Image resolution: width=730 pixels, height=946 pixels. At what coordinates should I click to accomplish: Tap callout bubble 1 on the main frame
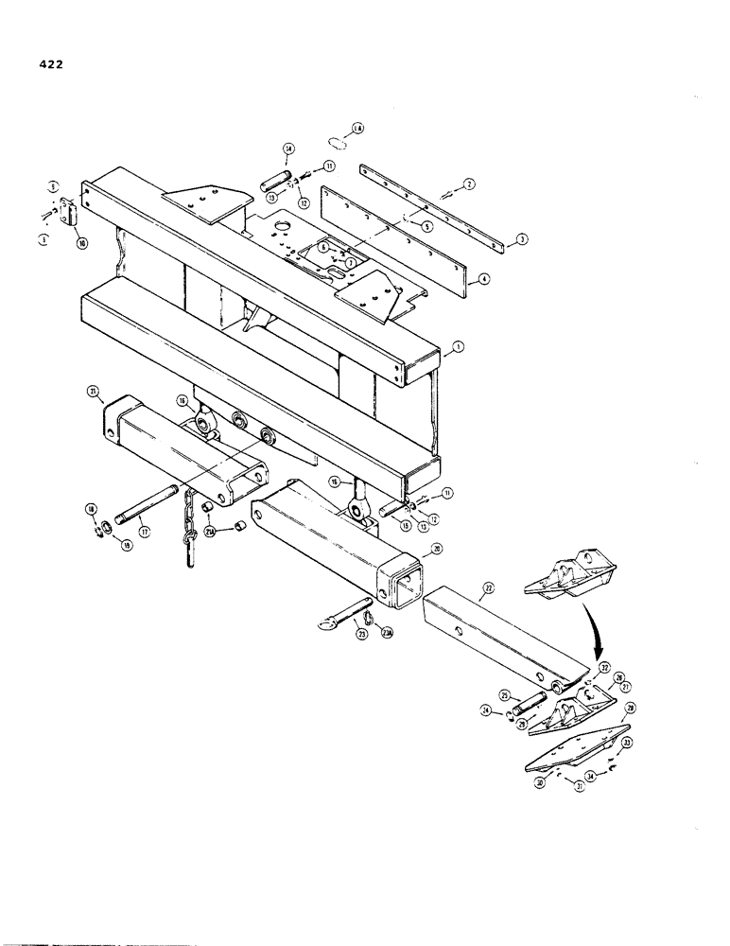[x=459, y=348]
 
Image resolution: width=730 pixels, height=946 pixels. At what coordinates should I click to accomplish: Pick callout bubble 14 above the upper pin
[x=288, y=149]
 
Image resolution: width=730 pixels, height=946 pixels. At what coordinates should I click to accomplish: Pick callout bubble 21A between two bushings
[x=210, y=533]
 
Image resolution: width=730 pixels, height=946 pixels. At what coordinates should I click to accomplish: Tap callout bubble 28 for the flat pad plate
[x=631, y=707]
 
